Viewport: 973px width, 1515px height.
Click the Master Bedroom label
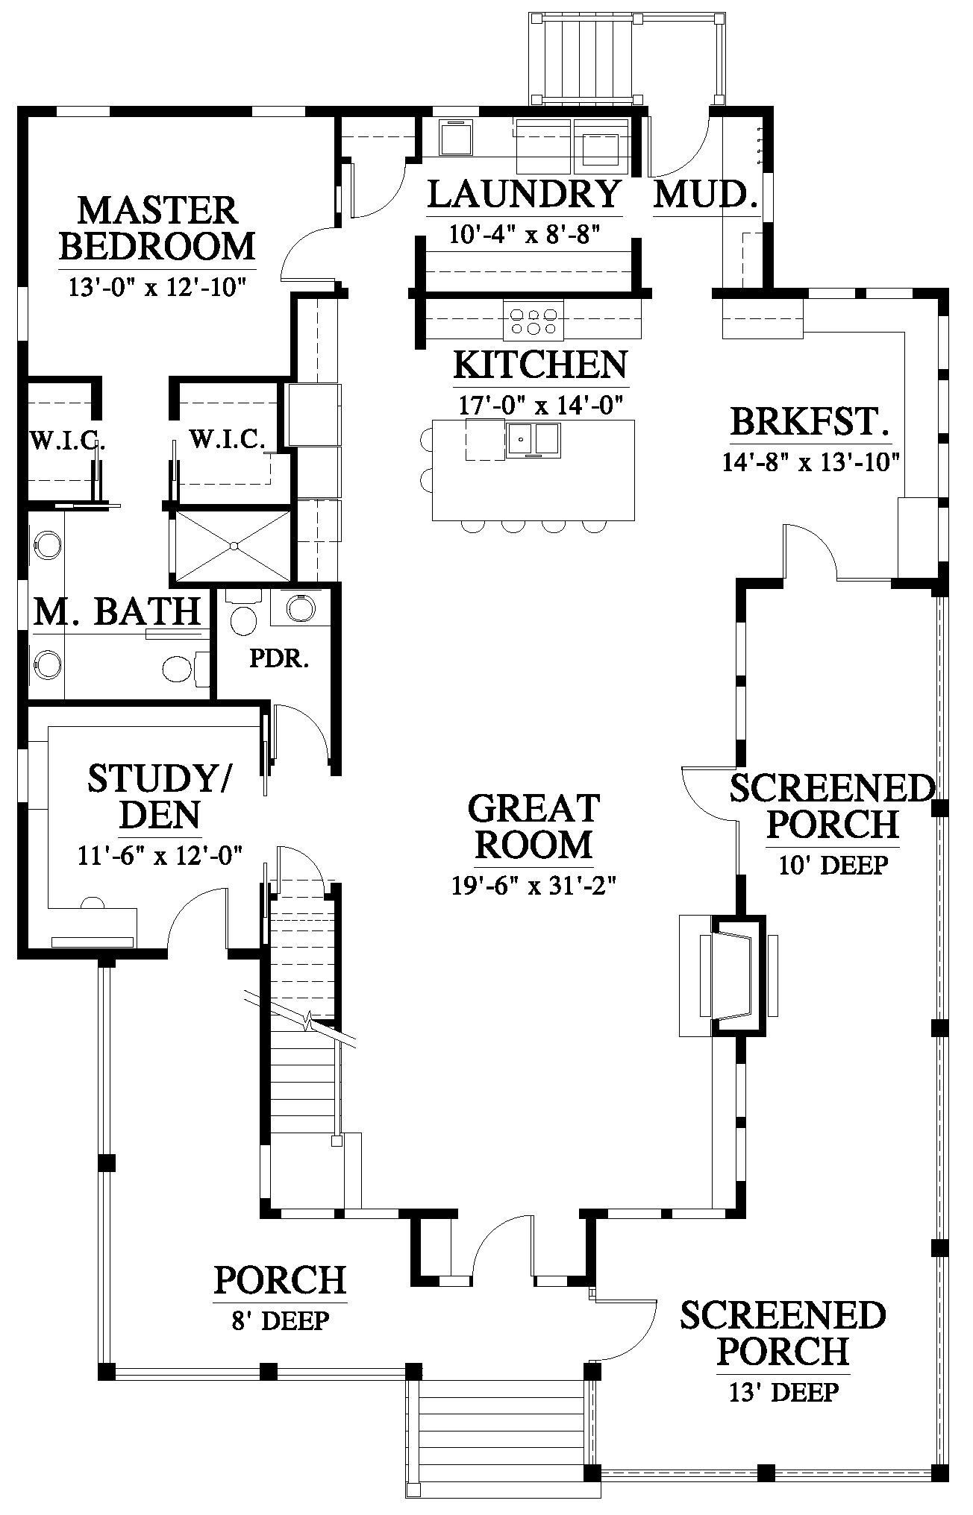pyautogui.click(x=157, y=228)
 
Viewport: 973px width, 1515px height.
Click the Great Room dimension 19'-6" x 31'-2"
pyautogui.click(x=534, y=886)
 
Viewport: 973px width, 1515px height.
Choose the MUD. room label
pyautogui.click(x=706, y=195)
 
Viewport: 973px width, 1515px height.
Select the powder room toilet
pyautogui.click(x=243, y=612)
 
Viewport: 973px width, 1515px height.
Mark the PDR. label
pyautogui.click(x=279, y=659)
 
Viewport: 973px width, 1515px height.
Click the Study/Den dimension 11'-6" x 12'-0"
pyautogui.click(x=160, y=855)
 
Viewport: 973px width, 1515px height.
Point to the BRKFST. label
pyautogui.click(x=810, y=422)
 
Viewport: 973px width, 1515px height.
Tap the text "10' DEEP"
pyautogui.click(x=833, y=865)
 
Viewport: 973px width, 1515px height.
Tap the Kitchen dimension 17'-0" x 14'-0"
pyautogui.click(x=541, y=404)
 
